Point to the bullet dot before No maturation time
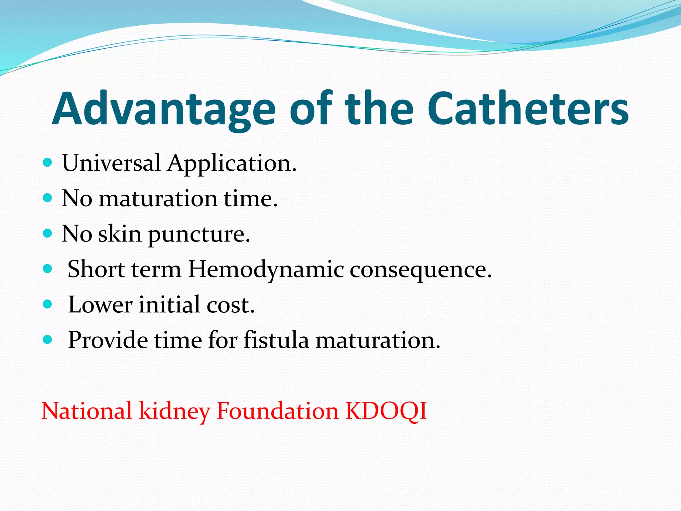click(x=48, y=198)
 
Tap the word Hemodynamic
click(x=266, y=269)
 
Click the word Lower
click(x=100, y=305)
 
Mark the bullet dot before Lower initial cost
click(x=48, y=304)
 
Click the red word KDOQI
click(x=386, y=411)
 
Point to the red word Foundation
click(x=277, y=411)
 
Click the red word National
click(x=87, y=411)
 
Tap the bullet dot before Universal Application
click(x=48, y=163)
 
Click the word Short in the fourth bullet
click(x=96, y=269)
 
